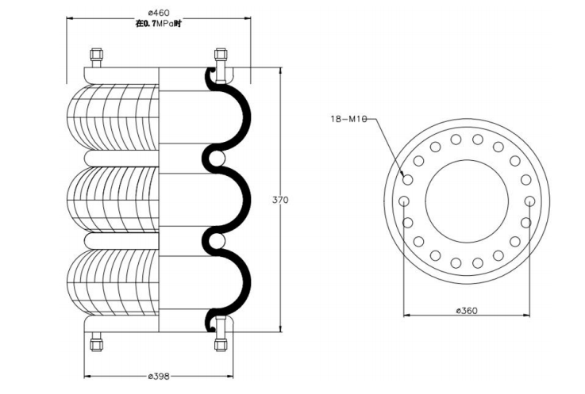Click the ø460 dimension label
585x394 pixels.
pos(159,12)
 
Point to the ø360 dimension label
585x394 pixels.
pos(467,311)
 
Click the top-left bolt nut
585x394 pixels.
pos(95,57)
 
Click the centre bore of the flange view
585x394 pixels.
pos(467,201)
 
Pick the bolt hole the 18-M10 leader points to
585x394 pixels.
pos(407,180)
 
